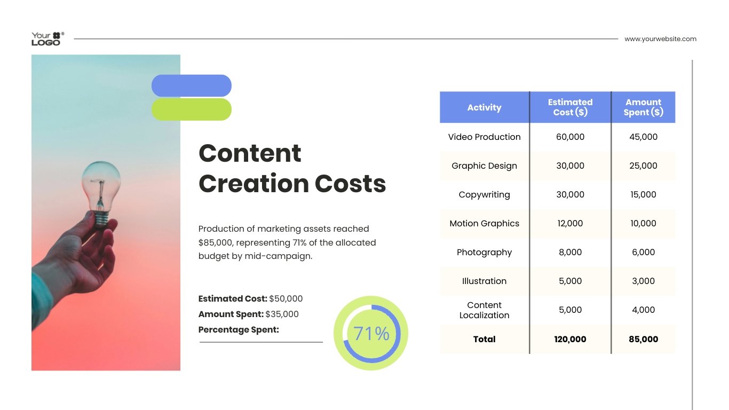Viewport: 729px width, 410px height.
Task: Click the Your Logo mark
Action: coord(47,38)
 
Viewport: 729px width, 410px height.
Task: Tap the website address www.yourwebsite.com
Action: coord(660,39)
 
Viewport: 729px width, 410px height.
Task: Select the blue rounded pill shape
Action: coord(192,85)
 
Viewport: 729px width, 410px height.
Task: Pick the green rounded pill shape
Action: coord(192,109)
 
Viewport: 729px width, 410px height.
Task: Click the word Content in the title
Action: coord(250,153)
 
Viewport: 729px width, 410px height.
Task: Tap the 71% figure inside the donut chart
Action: coord(371,334)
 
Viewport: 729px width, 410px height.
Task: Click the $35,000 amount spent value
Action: coord(282,314)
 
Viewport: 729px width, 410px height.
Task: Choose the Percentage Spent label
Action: coord(239,330)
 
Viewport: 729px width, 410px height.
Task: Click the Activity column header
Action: coord(484,107)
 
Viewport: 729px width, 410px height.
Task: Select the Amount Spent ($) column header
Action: coord(643,107)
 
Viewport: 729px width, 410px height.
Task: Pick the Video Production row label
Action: coord(484,137)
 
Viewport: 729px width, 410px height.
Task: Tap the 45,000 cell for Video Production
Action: coord(643,137)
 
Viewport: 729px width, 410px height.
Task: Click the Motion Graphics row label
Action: coord(484,224)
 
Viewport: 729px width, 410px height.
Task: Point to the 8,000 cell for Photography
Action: coord(570,253)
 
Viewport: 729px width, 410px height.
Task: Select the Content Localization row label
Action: coord(484,310)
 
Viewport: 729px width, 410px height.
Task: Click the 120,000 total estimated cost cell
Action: coord(570,339)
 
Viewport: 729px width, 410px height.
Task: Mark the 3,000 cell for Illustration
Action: coord(643,281)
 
